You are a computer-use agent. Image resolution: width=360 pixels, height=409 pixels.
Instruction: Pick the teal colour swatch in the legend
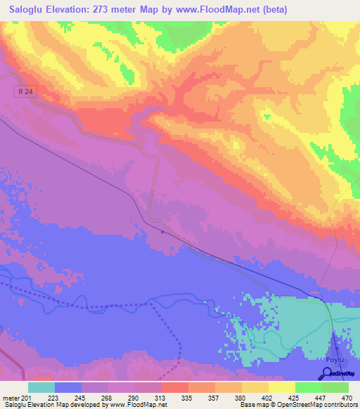pyautogui.click(x=41, y=387)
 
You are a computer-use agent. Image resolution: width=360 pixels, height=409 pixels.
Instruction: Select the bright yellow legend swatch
pyautogui.click(x=282, y=387)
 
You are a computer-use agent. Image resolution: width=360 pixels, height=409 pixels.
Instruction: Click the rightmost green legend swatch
pyautogui.click(x=335, y=387)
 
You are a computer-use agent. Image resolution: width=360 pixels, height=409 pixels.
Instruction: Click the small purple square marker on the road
pyautogui.click(x=162, y=231)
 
